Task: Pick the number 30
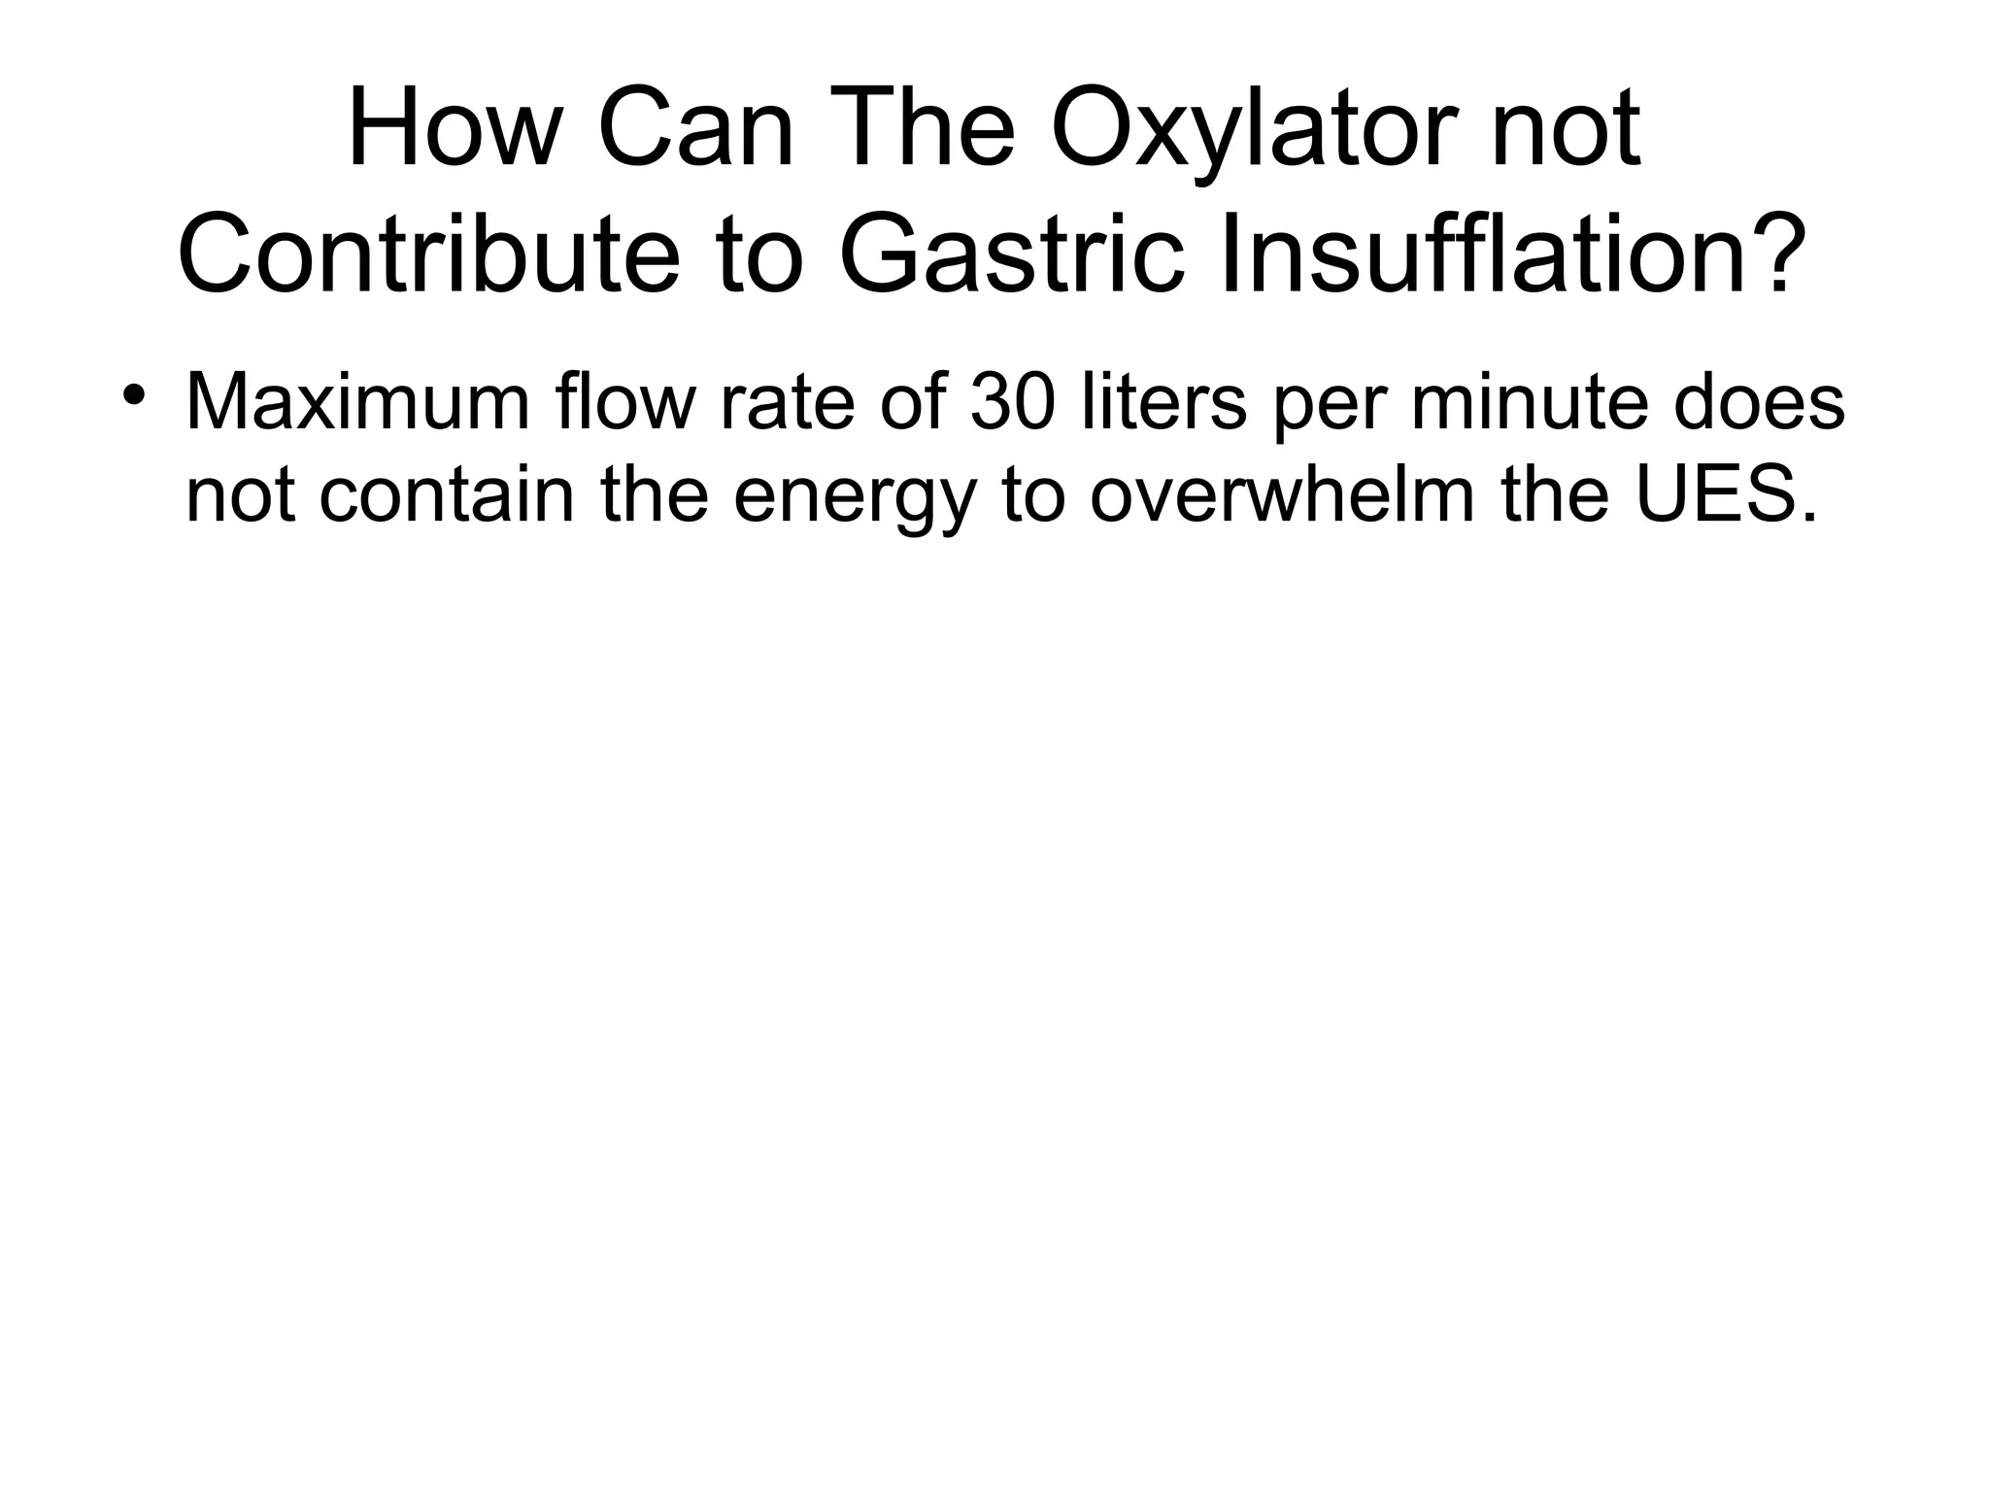1011,402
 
